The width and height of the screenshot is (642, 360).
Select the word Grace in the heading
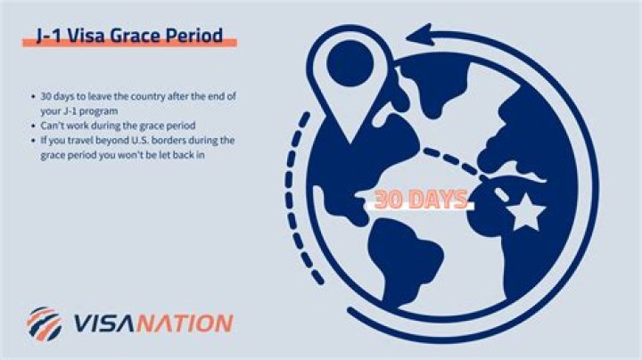pyautogui.click(x=142, y=37)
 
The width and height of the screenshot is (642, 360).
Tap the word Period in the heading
pyautogui.click(x=199, y=37)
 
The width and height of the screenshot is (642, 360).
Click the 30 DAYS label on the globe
pyautogui.click(x=420, y=200)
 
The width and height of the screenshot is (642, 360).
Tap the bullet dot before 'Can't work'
pyautogui.click(x=32, y=126)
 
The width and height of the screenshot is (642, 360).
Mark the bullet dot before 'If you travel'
pyautogui.click(x=32, y=141)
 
